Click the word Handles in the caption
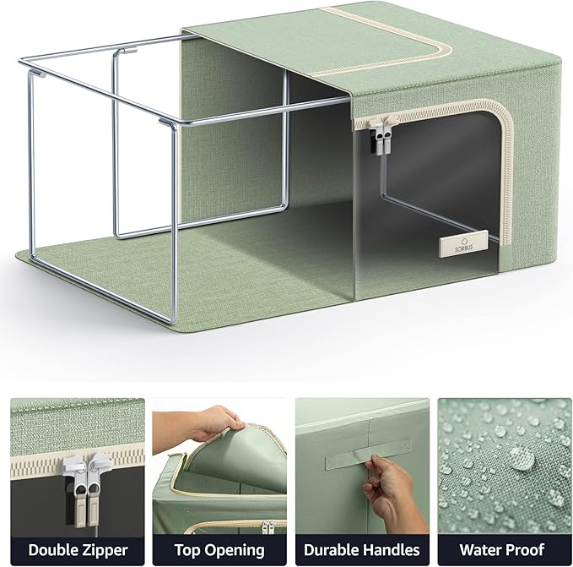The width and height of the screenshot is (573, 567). coord(398,550)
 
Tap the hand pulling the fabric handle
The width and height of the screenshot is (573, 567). coord(390,490)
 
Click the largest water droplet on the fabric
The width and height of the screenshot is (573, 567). coord(522,459)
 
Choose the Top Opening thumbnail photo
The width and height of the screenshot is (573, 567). coord(219,465)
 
